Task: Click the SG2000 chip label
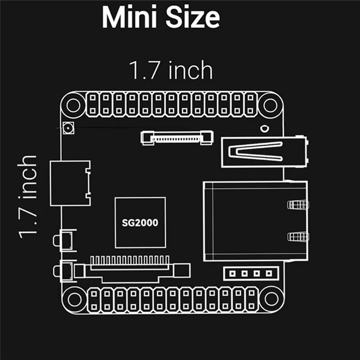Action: point(140,223)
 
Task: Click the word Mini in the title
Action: point(130,17)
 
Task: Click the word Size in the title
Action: point(193,17)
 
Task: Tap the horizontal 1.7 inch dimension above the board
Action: point(171,70)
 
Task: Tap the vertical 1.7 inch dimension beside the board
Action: point(27,197)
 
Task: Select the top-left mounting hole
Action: point(73,105)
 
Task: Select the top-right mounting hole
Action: point(270,105)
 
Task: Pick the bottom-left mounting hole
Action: point(74,299)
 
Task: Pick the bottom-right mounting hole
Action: point(272,299)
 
